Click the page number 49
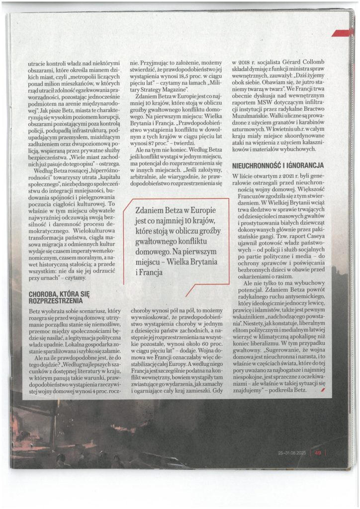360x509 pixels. [318, 452]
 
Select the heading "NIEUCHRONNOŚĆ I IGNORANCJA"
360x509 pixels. [278, 165]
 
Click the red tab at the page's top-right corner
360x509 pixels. [346, 33]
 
